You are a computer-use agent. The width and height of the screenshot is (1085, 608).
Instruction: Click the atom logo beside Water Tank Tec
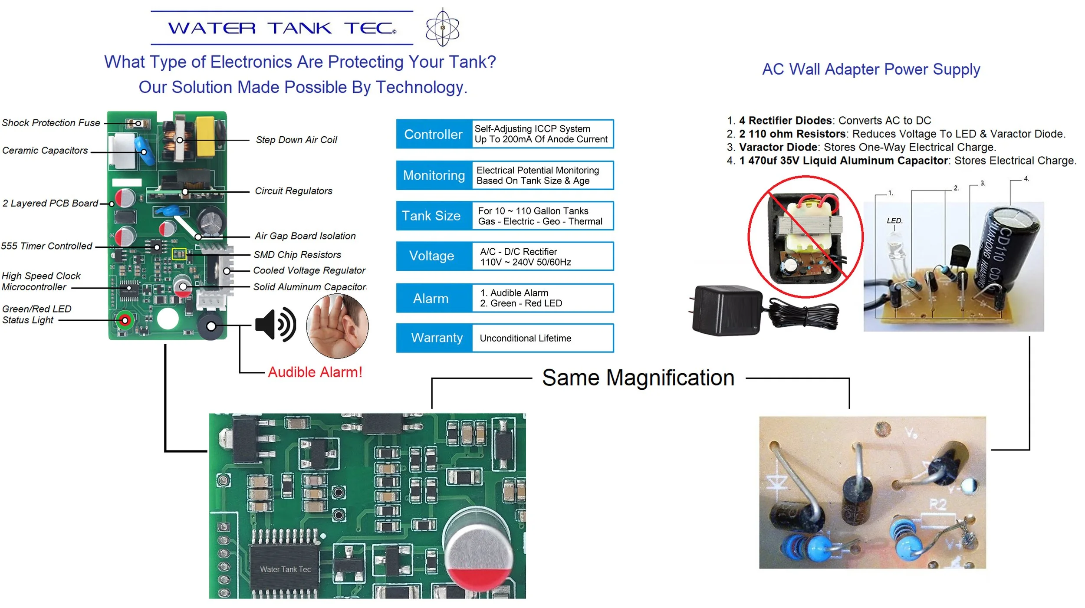click(442, 27)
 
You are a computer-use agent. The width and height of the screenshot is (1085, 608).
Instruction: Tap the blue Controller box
click(434, 134)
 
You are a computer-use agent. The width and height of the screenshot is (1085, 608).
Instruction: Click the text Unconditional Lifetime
click(525, 338)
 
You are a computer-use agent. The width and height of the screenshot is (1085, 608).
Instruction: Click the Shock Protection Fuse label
click(51, 123)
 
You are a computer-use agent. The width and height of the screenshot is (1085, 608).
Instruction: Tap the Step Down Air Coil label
click(296, 140)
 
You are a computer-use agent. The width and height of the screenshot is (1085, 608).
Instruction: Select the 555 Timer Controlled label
click(46, 246)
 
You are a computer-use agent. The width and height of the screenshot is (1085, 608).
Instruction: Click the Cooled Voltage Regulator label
click(309, 270)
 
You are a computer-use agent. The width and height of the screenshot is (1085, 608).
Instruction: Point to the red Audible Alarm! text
click(315, 372)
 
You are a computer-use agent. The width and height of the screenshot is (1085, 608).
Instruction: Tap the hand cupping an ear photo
click(337, 326)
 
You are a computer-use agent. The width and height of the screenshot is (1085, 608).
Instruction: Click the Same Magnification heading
click(638, 378)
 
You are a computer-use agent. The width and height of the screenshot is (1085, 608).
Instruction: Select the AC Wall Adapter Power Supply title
click(871, 69)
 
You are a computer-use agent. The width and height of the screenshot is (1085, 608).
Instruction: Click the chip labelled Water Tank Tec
click(285, 569)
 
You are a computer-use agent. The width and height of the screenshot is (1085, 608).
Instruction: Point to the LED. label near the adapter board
click(894, 221)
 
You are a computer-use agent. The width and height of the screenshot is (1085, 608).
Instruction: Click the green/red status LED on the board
click(125, 320)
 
